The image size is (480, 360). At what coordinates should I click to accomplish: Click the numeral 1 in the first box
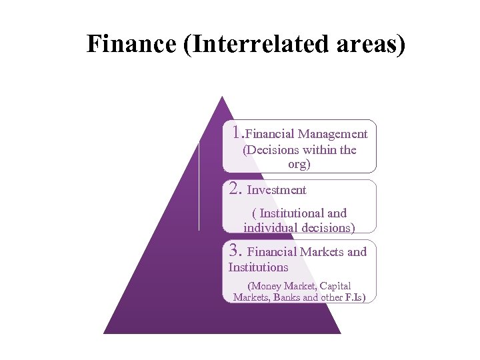point(237,131)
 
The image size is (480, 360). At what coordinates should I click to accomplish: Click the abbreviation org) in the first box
point(299,164)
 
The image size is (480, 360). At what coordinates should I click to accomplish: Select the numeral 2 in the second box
point(235,189)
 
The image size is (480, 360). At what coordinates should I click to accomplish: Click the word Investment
point(277,190)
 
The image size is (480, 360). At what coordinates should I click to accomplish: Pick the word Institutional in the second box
point(293,213)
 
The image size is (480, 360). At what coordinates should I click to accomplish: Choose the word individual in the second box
point(271,227)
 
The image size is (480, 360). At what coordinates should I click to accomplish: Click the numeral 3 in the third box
point(235,251)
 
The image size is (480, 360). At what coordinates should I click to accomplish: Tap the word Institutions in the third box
point(258,267)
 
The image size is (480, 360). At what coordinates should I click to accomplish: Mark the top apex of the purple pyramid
point(221,97)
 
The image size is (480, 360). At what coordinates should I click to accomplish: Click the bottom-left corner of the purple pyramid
point(105,332)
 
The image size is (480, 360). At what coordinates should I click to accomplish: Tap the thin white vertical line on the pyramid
point(199,187)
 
